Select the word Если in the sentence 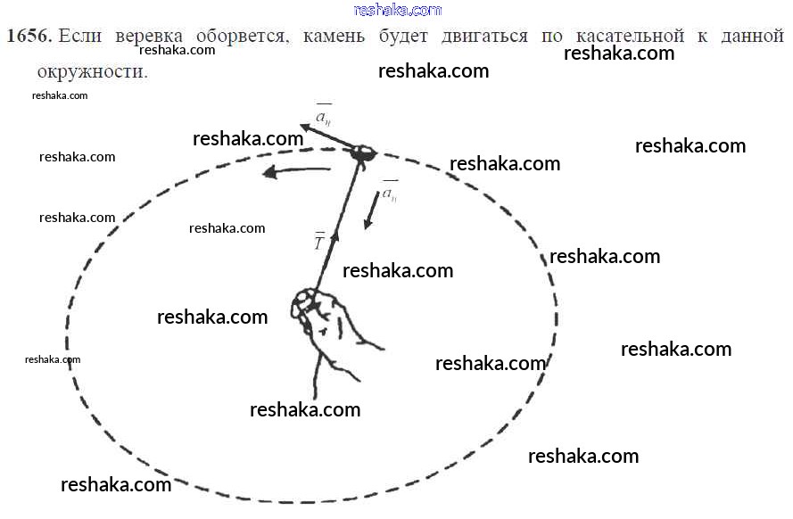pos(78,37)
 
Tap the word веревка pos(145,37)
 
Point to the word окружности pos(92,70)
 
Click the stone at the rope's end pos(362,153)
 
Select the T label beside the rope pos(318,241)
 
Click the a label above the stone pos(323,116)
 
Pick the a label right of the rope pos(390,192)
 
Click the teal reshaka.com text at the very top pos(398,10)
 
